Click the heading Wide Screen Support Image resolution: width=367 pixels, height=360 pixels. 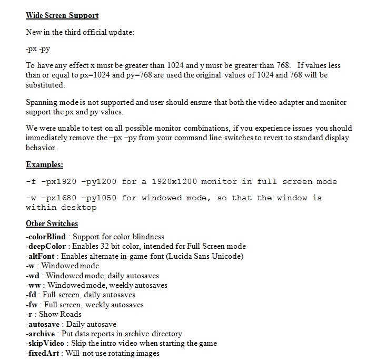click(62, 16)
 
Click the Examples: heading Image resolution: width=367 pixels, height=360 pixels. click(44, 164)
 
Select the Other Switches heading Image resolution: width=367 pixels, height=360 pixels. click(52, 223)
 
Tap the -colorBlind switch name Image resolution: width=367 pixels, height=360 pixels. click(46, 237)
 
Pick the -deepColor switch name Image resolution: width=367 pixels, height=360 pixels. click(46, 246)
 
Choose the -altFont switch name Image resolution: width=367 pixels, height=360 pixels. click(40, 256)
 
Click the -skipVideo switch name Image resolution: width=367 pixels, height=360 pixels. click(45, 343)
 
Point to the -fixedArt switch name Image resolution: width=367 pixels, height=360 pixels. click(43, 353)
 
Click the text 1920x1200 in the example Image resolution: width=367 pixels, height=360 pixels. click(174, 181)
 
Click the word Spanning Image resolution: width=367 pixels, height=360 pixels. click(43, 102)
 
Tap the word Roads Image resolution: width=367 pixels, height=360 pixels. click(71, 314)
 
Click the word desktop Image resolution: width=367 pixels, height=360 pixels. click(80, 207)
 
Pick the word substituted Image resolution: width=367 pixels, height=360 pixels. click(45, 85)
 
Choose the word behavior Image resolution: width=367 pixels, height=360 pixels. click(41, 148)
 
